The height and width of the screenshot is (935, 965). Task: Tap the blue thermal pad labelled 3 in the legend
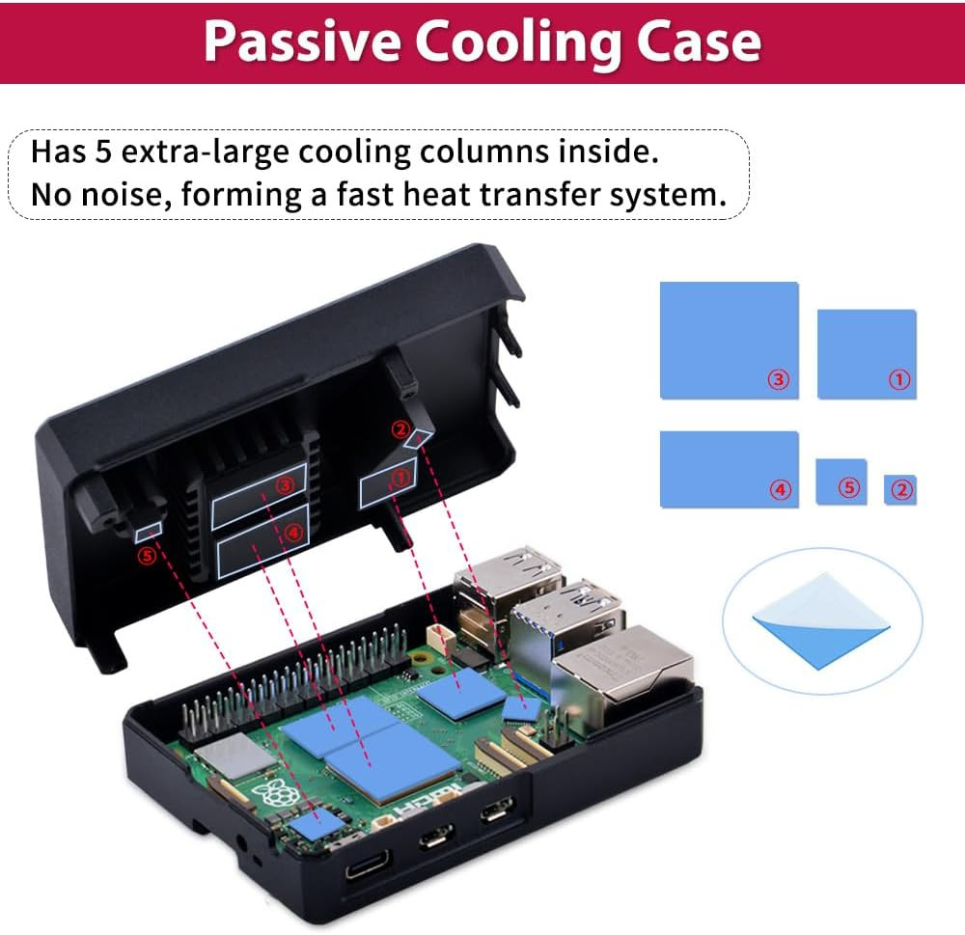click(x=729, y=340)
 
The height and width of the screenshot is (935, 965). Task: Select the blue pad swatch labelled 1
click(x=866, y=353)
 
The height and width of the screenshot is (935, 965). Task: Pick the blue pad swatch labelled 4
click(x=729, y=469)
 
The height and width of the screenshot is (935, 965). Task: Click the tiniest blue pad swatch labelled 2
click(x=900, y=489)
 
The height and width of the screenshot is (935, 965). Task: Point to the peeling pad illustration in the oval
click(x=820, y=618)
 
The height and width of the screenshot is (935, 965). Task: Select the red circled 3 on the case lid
click(x=284, y=485)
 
